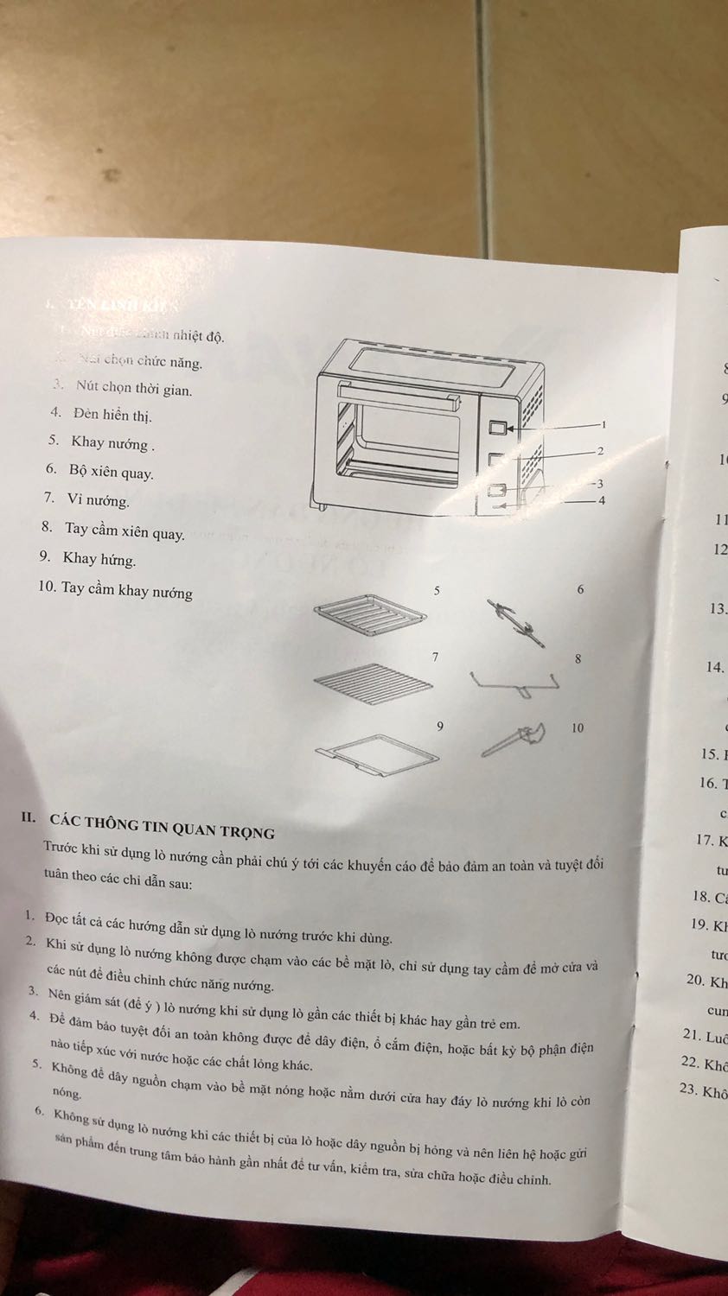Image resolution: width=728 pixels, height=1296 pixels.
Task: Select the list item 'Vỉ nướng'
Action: coord(98,500)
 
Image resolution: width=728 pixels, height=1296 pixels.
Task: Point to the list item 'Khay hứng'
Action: coord(99,559)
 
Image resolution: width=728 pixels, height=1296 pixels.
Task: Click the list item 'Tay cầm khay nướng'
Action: coord(126,592)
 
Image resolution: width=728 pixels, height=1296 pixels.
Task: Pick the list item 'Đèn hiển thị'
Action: coord(112,415)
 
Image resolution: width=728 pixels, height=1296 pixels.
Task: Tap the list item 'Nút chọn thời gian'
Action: coord(133,389)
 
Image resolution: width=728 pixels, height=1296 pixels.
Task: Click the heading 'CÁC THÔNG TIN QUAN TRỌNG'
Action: coord(162,825)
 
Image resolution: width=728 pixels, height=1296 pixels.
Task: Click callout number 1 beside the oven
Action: coord(604,424)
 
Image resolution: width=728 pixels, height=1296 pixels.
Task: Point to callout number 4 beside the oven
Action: coord(602,500)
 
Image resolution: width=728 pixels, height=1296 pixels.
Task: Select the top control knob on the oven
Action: coord(497,428)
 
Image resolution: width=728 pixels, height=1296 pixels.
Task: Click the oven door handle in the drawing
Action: coord(397,396)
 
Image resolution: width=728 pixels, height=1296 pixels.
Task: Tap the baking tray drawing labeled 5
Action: coord(370,617)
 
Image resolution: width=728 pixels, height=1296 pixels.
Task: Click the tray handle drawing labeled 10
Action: coord(514,740)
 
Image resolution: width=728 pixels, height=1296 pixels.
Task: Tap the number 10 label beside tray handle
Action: coord(578,727)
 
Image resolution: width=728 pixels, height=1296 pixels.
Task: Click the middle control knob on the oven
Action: coord(496,461)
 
